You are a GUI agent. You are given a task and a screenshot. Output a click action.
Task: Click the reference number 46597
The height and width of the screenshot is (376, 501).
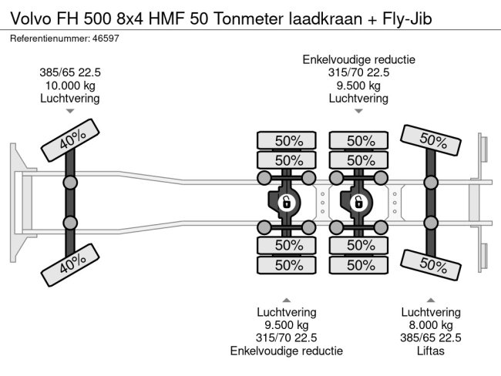point(106,39)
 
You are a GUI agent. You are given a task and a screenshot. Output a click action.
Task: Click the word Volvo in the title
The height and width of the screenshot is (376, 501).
point(31,18)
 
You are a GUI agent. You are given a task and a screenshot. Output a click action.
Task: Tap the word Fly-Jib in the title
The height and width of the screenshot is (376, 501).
point(407,18)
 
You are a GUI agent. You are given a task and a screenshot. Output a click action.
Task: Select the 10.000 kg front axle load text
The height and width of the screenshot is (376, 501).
point(70,86)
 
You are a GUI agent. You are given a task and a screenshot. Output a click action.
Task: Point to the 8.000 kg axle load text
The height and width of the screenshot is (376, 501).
point(431,325)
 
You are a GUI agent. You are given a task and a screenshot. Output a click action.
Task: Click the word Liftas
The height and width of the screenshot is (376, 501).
point(430,351)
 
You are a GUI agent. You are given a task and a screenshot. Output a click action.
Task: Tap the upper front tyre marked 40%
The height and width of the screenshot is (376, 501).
point(70,140)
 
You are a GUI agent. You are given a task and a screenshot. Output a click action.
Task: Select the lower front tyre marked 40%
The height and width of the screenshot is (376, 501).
point(70,265)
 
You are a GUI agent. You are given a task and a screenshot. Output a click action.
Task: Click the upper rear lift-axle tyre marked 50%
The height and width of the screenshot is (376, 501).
point(430,140)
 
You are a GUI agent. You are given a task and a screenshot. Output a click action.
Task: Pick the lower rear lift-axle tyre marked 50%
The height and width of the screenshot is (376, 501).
point(430,265)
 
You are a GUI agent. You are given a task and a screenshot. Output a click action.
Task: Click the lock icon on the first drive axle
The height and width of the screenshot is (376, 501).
point(286,203)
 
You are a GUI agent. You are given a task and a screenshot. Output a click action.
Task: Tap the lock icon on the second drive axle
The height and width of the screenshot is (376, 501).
point(358,203)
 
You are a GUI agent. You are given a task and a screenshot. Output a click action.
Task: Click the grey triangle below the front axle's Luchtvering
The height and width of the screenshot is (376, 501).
point(70,111)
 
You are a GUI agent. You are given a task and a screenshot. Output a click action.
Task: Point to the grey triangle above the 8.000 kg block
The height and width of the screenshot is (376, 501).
point(431,300)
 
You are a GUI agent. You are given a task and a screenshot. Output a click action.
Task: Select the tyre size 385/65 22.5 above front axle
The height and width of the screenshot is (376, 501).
point(70,72)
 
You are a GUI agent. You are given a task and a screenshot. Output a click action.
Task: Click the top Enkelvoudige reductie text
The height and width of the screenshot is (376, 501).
point(359,60)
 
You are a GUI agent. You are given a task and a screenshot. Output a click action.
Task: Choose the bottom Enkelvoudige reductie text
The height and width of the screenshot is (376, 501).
point(287,351)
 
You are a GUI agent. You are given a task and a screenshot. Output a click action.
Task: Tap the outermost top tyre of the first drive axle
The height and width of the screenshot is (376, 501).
point(287,140)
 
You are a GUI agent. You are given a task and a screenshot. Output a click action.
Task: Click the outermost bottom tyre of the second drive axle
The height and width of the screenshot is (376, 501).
point(358,265)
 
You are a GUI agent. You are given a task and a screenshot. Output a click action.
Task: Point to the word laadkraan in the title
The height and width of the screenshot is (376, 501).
point(325,18)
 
